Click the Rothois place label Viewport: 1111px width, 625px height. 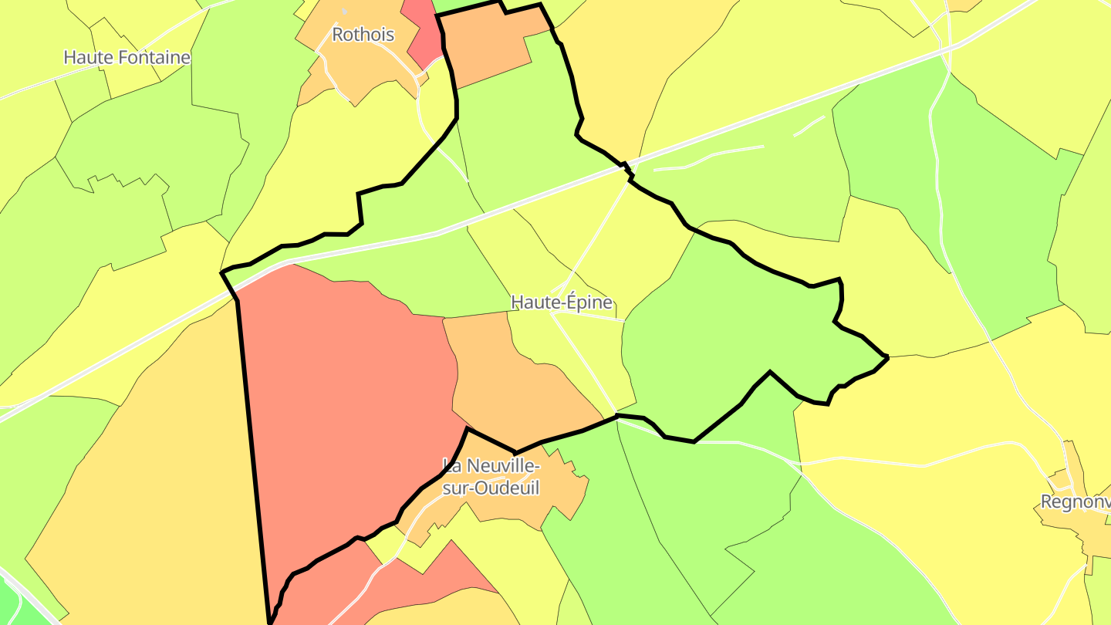pyautogui.click(x=363, y=35)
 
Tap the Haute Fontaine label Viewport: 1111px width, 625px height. pyautogui.click(x=127, y=57)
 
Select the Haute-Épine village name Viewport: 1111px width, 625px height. pyautogui.click(x=562, y=302)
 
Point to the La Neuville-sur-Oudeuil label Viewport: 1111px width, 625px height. pyautogui.click(x=491, y=476)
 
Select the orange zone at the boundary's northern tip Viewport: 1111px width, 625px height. pyautogui.click(x=486, y=46)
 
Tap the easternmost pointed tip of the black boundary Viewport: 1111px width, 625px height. pyautogui.click(x=887, y=356)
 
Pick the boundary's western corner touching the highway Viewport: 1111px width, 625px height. pyautogui.click(x=223, y=272)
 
